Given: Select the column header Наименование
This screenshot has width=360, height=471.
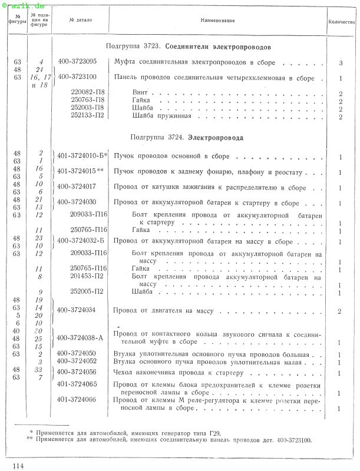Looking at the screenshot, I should coord(217,21).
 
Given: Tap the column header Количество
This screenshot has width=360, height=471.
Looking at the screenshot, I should coord(341,21).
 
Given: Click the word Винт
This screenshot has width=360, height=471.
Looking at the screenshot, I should coord(140,93).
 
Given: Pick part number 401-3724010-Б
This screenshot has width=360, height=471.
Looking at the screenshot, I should coord(82,156).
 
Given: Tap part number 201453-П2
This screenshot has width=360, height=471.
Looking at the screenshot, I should coord(87,276).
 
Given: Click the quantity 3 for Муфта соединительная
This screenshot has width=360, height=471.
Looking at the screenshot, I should coord(341,62).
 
